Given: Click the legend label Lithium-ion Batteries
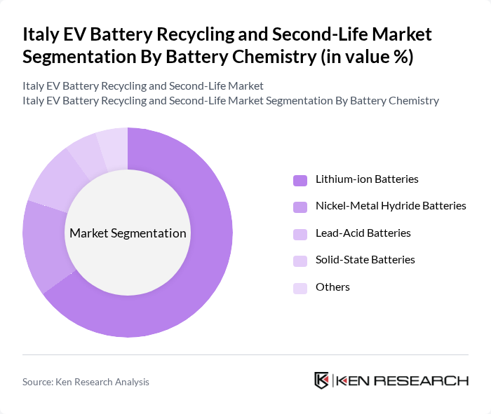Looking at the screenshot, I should point(367,179).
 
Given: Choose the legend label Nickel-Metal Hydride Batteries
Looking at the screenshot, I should point(391,206).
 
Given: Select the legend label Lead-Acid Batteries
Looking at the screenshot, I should point(363,233).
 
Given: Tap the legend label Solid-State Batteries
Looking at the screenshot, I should point(365,260).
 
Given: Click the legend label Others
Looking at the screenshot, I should point(332,287).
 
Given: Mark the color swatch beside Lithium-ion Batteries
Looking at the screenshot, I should point(300,180).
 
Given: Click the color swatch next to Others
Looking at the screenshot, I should point(300,288).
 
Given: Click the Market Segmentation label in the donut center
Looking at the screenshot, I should point(128,233).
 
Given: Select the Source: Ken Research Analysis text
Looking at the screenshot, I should point(86,382).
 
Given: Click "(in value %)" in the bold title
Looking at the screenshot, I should point(365,57).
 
